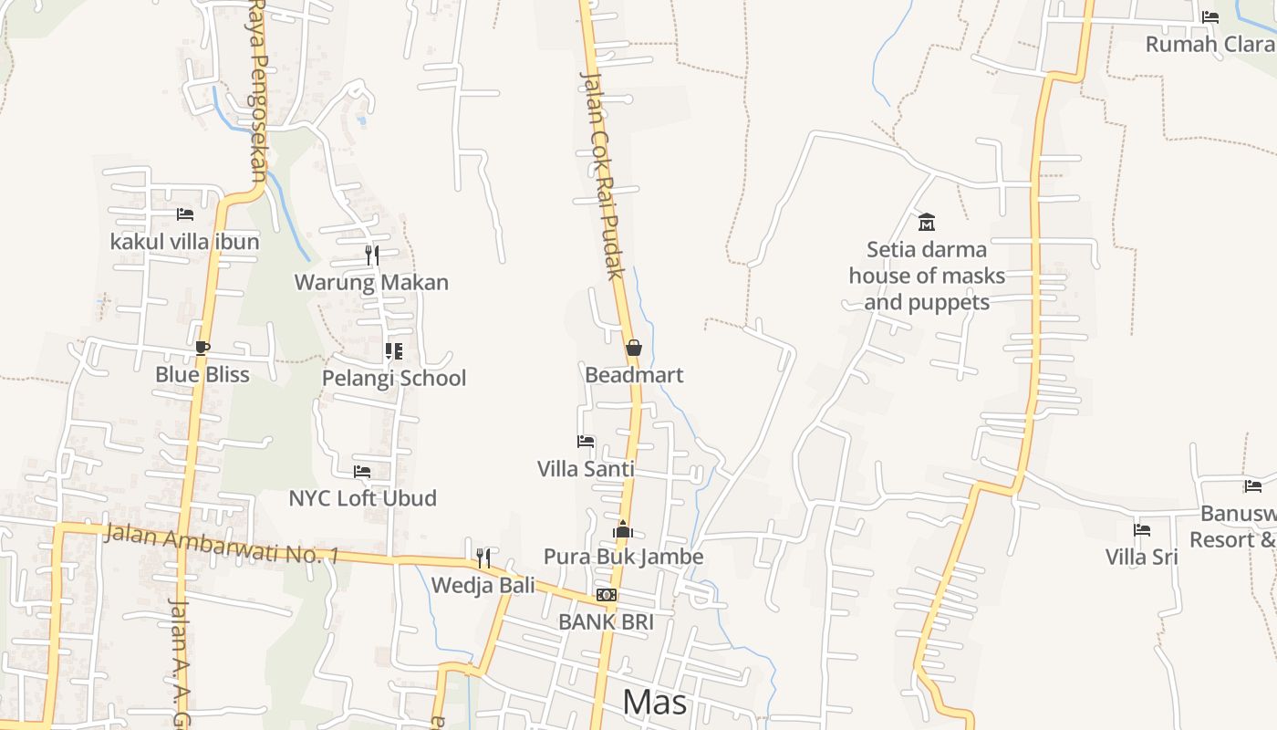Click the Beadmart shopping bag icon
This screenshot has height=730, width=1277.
click(x=634, y=348)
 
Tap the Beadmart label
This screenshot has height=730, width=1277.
click(x=634, y=375)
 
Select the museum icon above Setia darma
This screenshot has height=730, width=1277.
click(x=927, y=222)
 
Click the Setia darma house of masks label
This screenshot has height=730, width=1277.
click(x=927, y=276)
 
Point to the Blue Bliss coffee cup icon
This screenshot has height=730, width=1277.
click(x=202, y=347)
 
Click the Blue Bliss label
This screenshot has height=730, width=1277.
click(x=202, y=374)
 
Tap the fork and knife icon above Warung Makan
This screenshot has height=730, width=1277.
click(x=372, y=255)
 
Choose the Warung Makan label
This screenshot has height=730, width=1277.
click(x=371, y=282)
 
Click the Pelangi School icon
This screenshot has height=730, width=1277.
click(x=394, y=350)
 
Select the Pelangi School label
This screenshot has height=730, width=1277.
click(x=394, y=378)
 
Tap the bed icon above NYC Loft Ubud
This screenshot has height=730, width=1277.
click(x=362, y=471)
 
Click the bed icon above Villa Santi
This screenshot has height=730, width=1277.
click(x=586, y=442)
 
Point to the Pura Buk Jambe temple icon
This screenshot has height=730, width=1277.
click(x=623, y=529)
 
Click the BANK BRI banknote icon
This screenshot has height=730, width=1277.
click(x=607, y=595)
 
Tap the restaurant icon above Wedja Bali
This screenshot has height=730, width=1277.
click(x=483, y=558)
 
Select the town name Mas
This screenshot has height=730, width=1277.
click(x=655, y=703)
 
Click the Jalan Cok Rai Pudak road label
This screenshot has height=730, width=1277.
click(x=603, y=175)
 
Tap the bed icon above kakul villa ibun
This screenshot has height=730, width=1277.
click(x=185, y=214)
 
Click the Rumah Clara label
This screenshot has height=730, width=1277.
click(x=1210, y=44)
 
